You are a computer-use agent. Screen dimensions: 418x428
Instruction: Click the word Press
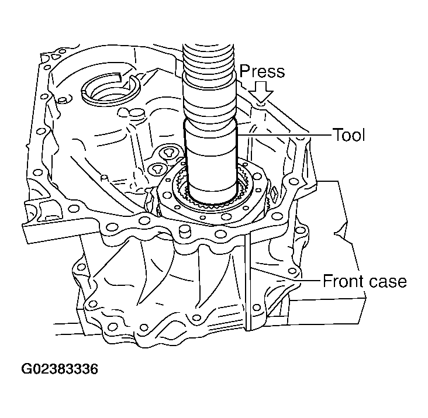261,71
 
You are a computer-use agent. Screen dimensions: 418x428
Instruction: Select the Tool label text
348,135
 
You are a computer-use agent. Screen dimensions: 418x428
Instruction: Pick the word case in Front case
389,281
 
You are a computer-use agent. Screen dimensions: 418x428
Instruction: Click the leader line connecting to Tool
287,135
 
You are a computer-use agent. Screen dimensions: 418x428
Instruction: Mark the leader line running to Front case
310,281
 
